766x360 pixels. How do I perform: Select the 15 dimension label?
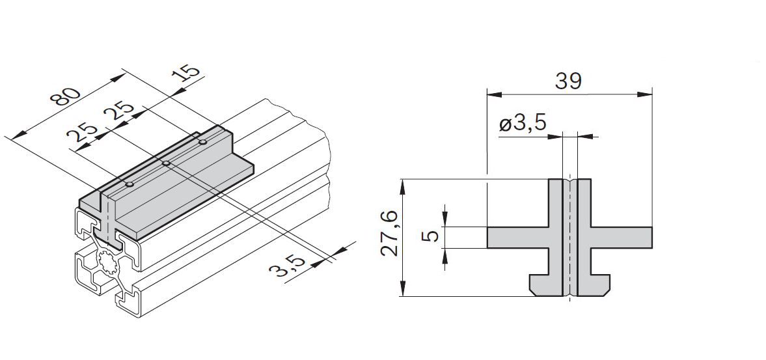click(x=186, y=72)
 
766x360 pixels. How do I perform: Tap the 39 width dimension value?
click(x=569, y=81)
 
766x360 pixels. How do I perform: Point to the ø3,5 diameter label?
click(x=522, y=124)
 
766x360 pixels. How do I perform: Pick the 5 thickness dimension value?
click(x=433, y=236)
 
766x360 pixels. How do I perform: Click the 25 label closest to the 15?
click(x=120, y=115)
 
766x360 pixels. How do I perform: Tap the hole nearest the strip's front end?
click(x=130, y=185)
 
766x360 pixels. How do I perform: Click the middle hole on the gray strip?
click(x=166, y=163)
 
